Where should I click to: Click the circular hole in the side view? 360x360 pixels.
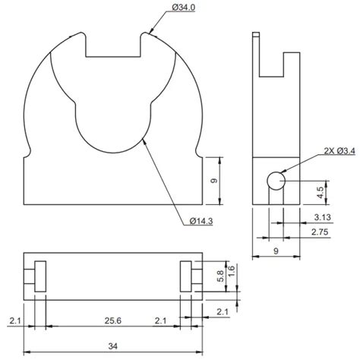coord(275,181)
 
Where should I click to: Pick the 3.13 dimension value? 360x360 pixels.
coord(321,216)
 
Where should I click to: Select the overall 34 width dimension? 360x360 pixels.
coord(112,346)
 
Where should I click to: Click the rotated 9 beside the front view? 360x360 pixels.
coord(216,181)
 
